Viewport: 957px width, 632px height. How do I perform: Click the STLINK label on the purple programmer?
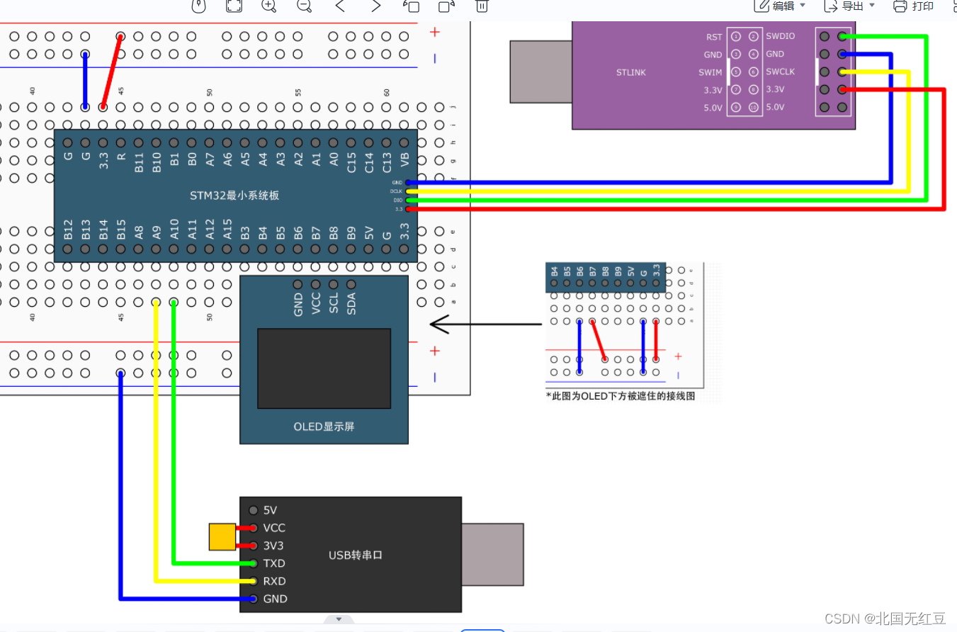coord(630,72)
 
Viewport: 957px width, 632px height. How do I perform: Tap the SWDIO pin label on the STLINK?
coord(780,36)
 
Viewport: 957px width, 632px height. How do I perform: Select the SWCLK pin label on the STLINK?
coord(780,72)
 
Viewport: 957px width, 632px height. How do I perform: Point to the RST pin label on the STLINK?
coord(714,37)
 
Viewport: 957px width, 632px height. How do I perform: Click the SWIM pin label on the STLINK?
coord(710,72)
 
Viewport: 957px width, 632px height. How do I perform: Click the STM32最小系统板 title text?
coord(234,195)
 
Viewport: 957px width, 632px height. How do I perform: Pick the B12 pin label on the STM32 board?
coord(68,228)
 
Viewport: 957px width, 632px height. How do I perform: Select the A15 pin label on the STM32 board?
coord(227,228)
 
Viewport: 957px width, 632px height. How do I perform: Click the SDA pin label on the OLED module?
coord(351,303)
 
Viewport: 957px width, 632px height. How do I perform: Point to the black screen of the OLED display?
coord(324,368)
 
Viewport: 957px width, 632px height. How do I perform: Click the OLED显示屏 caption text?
coord(324,427)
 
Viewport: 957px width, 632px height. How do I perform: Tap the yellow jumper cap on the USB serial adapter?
coord(222,537)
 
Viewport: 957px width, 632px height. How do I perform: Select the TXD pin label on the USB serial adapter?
coord(274,563)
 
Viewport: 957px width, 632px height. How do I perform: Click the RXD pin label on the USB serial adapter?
coord(274,581)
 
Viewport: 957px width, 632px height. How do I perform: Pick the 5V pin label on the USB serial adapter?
coord(270,510)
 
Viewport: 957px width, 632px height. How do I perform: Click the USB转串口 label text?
coord(356,555)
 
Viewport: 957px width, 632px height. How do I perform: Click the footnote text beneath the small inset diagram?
coord(621,396)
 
